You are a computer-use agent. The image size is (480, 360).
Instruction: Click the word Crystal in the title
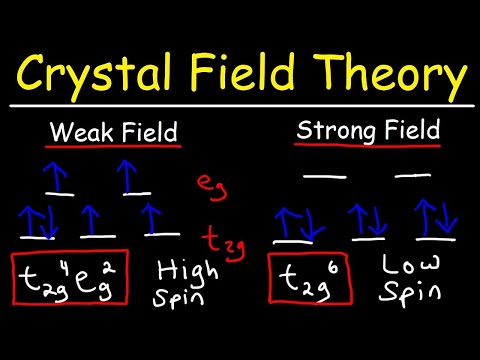96,73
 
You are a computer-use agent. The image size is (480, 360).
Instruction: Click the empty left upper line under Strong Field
325,174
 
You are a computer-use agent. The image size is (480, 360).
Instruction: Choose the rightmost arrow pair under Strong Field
439,219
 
